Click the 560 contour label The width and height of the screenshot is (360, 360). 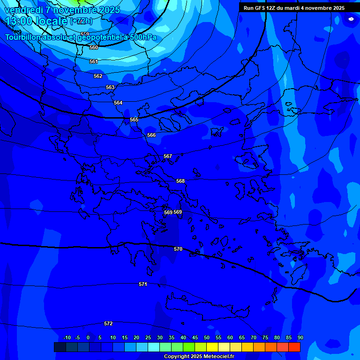[94, 47]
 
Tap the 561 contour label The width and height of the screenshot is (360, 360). [94, 61]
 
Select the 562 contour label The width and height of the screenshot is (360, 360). [98, 76]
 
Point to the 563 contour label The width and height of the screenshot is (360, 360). [110, 87]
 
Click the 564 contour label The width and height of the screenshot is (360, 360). [118, 103]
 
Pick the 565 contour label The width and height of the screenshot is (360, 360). [134, 120]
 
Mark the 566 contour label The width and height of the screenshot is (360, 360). [151, 135]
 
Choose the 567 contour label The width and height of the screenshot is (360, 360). [168, 156]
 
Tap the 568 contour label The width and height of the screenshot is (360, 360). [180, 181]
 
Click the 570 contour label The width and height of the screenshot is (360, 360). [178, 249]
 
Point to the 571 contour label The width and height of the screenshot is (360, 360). [143, 284]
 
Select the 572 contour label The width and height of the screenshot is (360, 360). [108, 323]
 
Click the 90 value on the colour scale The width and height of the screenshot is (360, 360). [300, 337]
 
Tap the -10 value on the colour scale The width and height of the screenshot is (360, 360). [67, 337]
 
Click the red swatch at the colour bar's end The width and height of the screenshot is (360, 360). [294, 347]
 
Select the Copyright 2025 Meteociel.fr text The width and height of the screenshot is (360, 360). [198, 356]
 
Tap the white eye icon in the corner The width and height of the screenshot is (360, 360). [351, 19]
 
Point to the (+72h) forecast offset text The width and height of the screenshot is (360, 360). [81, 21]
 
